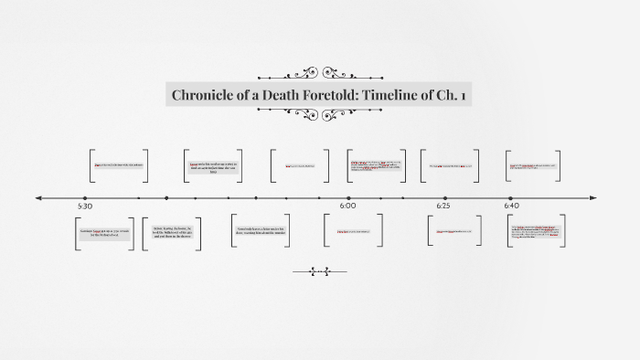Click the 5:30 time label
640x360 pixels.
85,206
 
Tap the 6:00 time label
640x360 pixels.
347,206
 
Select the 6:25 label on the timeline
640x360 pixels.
444,206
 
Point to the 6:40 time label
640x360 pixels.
511,206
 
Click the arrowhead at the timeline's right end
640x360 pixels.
592,197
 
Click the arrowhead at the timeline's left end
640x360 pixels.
38,197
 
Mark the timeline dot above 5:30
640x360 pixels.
85,197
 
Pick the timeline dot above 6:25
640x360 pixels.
445,197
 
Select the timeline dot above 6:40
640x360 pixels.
511,197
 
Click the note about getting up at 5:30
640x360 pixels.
104,233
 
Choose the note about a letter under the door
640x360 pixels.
261,230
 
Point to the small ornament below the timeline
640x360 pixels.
319,270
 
